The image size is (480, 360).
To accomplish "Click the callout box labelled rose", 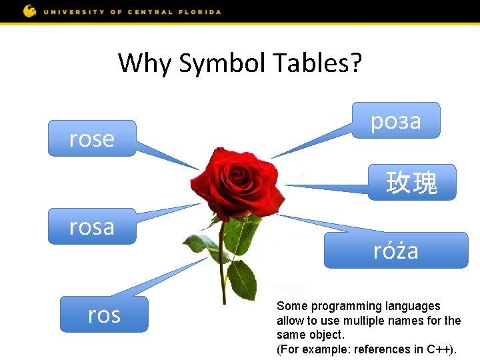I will click(x=91, y=139).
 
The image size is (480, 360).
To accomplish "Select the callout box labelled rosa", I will click(x=91, y=227).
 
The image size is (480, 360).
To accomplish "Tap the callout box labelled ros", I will click(x=104, y=314).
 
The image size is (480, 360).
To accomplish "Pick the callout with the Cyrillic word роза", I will click(x=396, y=121).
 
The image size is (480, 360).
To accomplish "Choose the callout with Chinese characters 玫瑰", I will click(x=412, y=183).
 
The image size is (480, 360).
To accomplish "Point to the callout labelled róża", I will click(x=396, y=251).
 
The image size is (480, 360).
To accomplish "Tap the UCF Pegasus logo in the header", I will click(x=30, y=11).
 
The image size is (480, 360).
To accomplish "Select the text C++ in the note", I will click(x=441, y=349).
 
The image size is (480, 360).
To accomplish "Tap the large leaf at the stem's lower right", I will click(x=241, y=279).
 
